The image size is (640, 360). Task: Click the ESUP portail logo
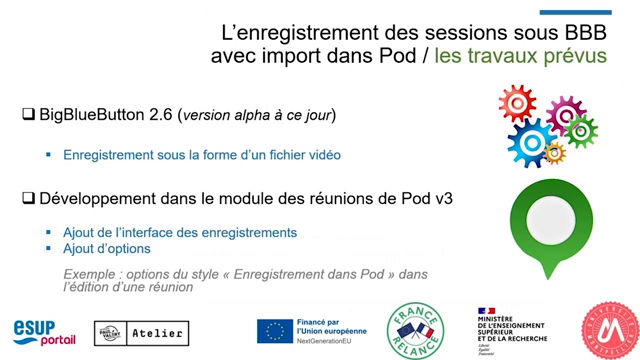pos(44,331)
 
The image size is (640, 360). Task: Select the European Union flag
pos(274,331)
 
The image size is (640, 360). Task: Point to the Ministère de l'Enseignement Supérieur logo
pos(514,329)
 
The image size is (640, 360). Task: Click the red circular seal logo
pos(609,330)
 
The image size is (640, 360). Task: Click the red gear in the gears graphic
pos(517,103)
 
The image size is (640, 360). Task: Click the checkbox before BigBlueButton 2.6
pos(28,115)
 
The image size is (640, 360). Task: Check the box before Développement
pos(28,198)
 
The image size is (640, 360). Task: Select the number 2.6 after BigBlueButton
pos(159,115)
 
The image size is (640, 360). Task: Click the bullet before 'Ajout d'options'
pos(48,248)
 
